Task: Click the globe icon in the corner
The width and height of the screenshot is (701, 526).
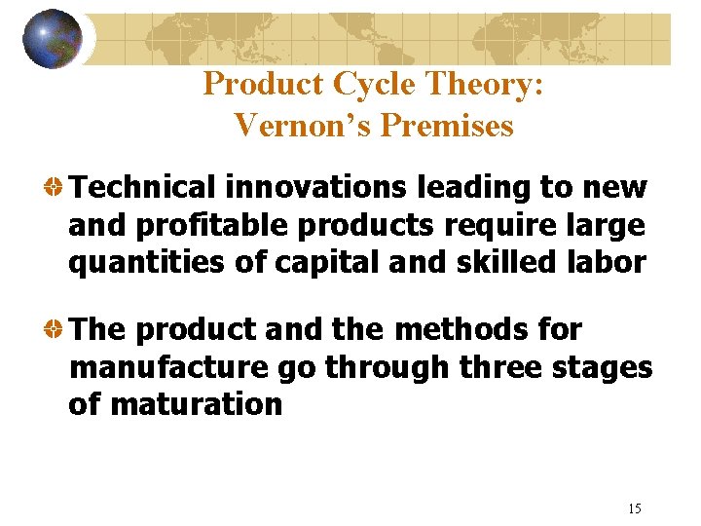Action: pyautogui.click(x=52, y=39)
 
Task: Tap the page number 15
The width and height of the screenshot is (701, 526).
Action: pyautogui.click(x=635, y=507)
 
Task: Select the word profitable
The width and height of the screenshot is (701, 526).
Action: pyautogui.click(x=213, y=225)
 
